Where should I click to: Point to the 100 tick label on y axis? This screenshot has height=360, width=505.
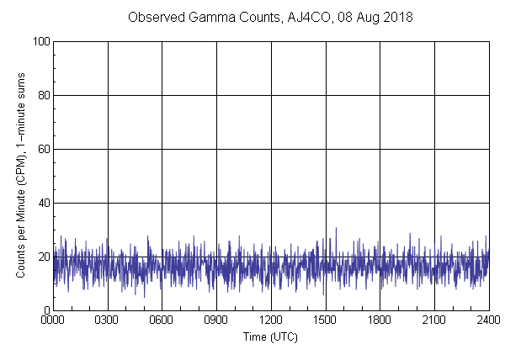[x=39, y=41]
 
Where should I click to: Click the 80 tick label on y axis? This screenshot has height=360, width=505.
[x=41, y=95]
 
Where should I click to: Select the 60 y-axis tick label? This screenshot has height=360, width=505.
[x=41, y=149]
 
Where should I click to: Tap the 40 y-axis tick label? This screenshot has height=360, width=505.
[x=41, y=203]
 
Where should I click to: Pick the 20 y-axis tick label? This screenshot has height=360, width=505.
[x=41, y=257]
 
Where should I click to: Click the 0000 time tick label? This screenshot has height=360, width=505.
[x=54, y=320]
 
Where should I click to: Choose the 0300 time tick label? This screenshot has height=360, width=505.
[x=108, y=320]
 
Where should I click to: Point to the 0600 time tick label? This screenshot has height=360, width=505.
[x=162, y=320]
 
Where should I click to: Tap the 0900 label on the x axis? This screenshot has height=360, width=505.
[x=216, y=320]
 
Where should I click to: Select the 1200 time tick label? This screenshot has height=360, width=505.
[x=271, y=320]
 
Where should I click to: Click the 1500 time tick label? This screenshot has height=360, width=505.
[x=325, y=320]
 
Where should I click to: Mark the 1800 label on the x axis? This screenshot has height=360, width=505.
[x=380, y=320]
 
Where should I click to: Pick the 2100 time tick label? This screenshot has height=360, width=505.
[x=433, y=320]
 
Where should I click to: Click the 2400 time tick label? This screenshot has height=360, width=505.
[x=488, y=320]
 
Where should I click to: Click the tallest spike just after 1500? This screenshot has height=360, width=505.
[x=336, y=229]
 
